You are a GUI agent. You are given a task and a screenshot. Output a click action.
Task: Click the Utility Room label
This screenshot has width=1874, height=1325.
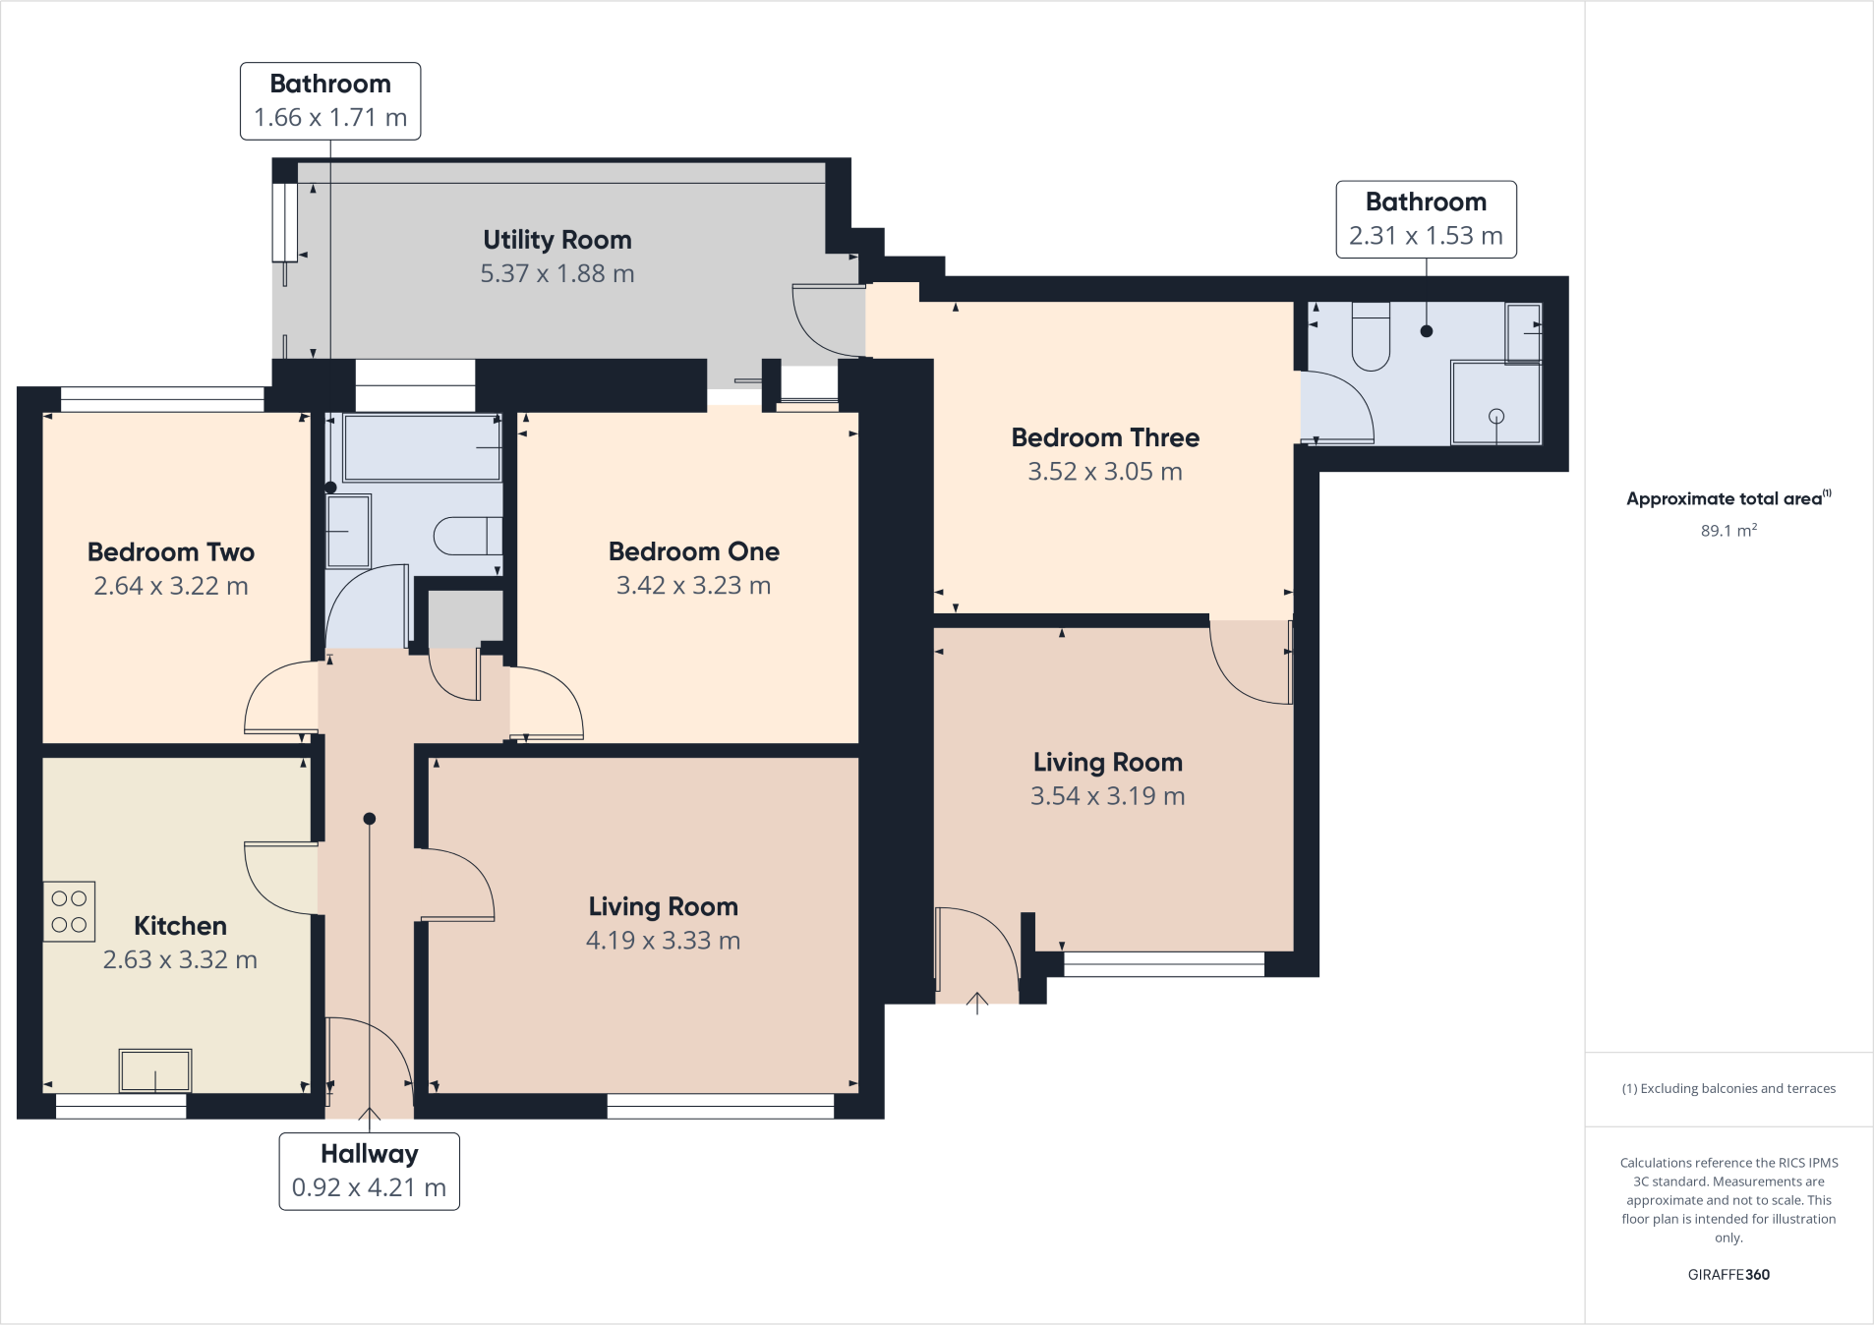click(x=556, y=240)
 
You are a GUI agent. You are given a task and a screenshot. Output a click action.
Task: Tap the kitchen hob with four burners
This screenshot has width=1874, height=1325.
click(x=69, y=911)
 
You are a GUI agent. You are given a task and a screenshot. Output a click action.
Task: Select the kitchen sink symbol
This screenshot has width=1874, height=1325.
click(x=155, y=1070)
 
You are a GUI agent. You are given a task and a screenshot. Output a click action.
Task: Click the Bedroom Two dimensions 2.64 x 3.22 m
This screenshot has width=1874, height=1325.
click(x=171, y=586)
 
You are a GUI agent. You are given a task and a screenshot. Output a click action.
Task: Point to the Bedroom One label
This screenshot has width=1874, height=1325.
click(x=693, y=551)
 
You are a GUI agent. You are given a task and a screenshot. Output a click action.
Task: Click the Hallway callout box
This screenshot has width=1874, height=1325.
click(x=369, y=1171)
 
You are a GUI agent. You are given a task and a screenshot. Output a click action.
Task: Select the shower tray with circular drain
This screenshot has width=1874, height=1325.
click(x=1495, y=403)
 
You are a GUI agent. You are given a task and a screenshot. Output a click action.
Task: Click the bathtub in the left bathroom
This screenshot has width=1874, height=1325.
click(x=422, y=447)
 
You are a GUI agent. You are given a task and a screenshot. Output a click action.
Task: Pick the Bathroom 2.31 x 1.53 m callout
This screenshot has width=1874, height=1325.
click(x=1426, y=219)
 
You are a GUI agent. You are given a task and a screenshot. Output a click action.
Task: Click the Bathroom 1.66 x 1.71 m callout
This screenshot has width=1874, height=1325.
click(x=330, y=101)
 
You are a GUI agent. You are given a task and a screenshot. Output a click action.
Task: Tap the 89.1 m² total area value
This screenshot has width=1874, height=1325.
click(x=1728, y=531)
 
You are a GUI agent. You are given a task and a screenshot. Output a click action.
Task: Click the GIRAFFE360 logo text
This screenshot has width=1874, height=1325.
click(x=1728, y=1275)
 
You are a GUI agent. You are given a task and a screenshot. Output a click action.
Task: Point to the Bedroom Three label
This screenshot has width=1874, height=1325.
click(x=1105, y=437)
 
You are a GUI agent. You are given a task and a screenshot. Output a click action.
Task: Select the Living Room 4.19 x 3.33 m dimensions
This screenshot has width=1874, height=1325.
click(x=663, y=941)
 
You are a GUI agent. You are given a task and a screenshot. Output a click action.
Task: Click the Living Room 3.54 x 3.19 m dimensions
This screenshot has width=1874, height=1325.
click(x=1107, y=796)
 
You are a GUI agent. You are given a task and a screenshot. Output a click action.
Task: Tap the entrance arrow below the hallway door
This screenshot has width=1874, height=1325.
click(x=369, y=1116)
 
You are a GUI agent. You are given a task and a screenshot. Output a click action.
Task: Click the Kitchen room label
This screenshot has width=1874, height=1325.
click(x=180, y=926)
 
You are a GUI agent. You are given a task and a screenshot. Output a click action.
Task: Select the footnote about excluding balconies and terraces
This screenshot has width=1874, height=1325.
click(x=1728, y=1088)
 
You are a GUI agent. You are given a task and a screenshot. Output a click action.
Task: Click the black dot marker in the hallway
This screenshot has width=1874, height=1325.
click(x=370, y=819)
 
